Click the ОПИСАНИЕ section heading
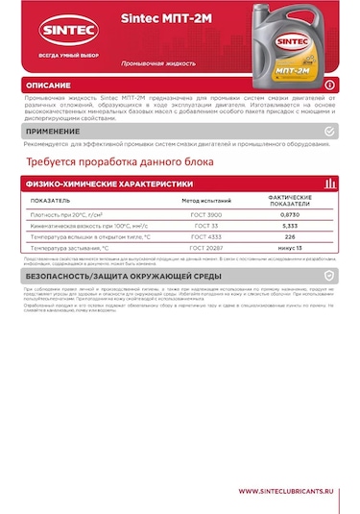pyautogui.click(x=48, y=86)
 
